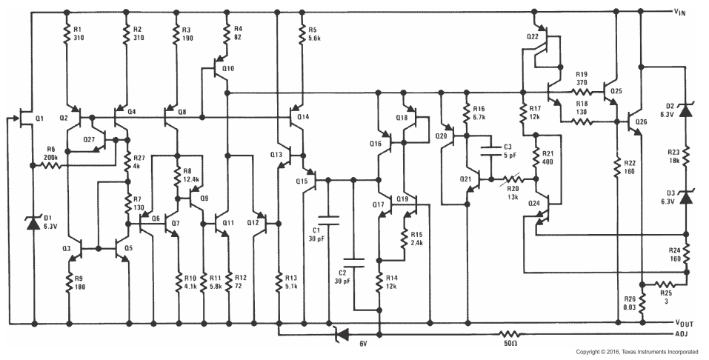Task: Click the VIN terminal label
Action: click(681, 11)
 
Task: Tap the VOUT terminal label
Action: click(684, 324)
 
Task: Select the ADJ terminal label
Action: click(681, 333)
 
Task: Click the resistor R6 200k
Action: click(50, 165)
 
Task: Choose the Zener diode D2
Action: click(686, 110)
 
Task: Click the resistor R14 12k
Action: click(379, 281)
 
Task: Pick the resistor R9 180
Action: click(69, 281)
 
